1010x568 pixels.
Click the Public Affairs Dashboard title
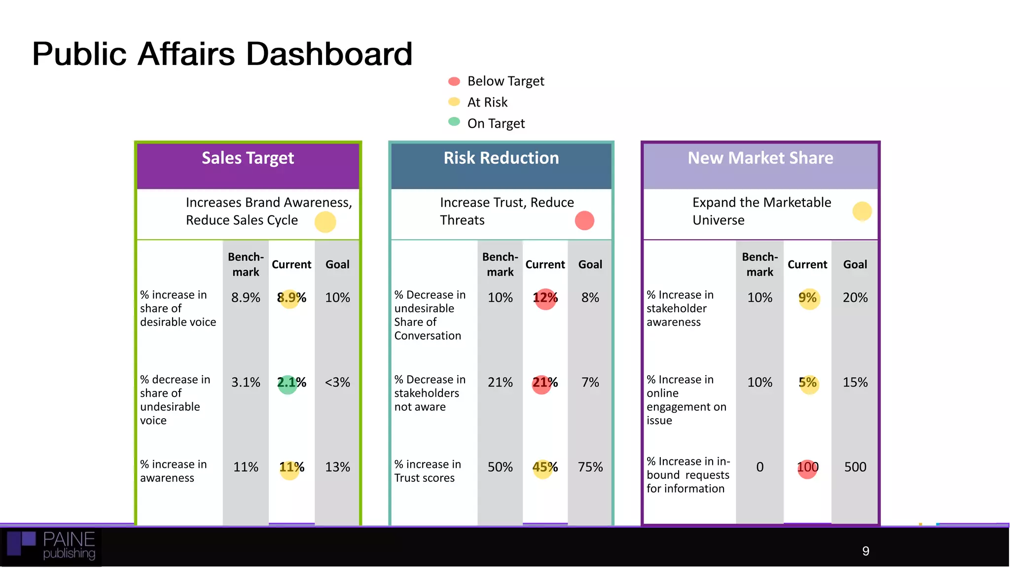(x=222, y=54)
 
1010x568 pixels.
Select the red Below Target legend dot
(x=454, y=81)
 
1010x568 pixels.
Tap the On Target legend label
(x=496, y=123)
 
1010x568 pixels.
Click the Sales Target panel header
(x=248, y=158)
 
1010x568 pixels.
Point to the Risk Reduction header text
(x=501, y=158)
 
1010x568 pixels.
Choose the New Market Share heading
(x=760, y=158)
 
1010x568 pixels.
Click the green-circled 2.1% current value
(x=291, y=383)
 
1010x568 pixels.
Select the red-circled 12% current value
(x=545, y=298)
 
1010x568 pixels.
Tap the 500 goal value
(x=855, y=467)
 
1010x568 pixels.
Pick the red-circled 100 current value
(x=807, y=467)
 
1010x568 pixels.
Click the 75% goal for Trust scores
(x=590, y=467)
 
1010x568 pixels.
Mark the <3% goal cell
(x=337, y=383)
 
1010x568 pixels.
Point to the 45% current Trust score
(x=544, y=467)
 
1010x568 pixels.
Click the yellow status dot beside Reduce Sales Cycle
(x=325, y=222)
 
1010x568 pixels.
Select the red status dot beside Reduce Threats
(x=584, y=220)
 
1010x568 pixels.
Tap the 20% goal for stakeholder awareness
(x=855, y=298)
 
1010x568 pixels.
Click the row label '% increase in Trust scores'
(x=427, y=471)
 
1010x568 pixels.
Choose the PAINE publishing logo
(x=52, y=546)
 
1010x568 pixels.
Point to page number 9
(x=866, y=551)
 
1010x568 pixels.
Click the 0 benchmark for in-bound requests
(x=759, y=467)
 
